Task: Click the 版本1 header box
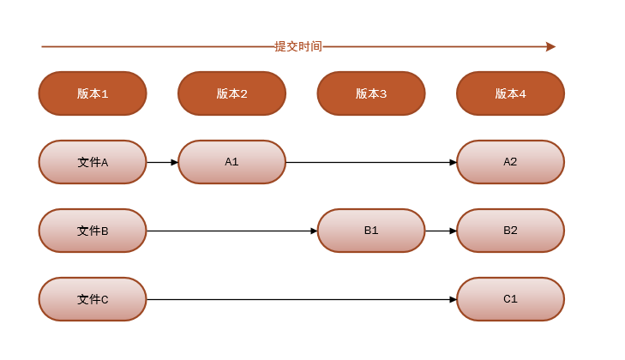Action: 93,93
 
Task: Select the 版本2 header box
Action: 231,93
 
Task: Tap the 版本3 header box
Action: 371,93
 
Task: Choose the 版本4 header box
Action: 510,93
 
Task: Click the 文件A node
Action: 93,162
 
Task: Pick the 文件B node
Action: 93,231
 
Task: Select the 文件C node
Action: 93,299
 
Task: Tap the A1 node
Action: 231,162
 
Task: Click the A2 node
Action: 510,162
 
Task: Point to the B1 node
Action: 371,231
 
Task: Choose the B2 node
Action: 510,231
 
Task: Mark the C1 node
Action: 510,299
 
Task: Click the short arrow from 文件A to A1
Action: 162,162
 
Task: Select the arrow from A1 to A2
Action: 370,162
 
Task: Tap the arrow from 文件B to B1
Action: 231,231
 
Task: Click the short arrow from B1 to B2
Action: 441,231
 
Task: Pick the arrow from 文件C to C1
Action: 300,299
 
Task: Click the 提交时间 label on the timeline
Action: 298,46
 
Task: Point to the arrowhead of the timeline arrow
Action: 550,46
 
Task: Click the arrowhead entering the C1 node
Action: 453,299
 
